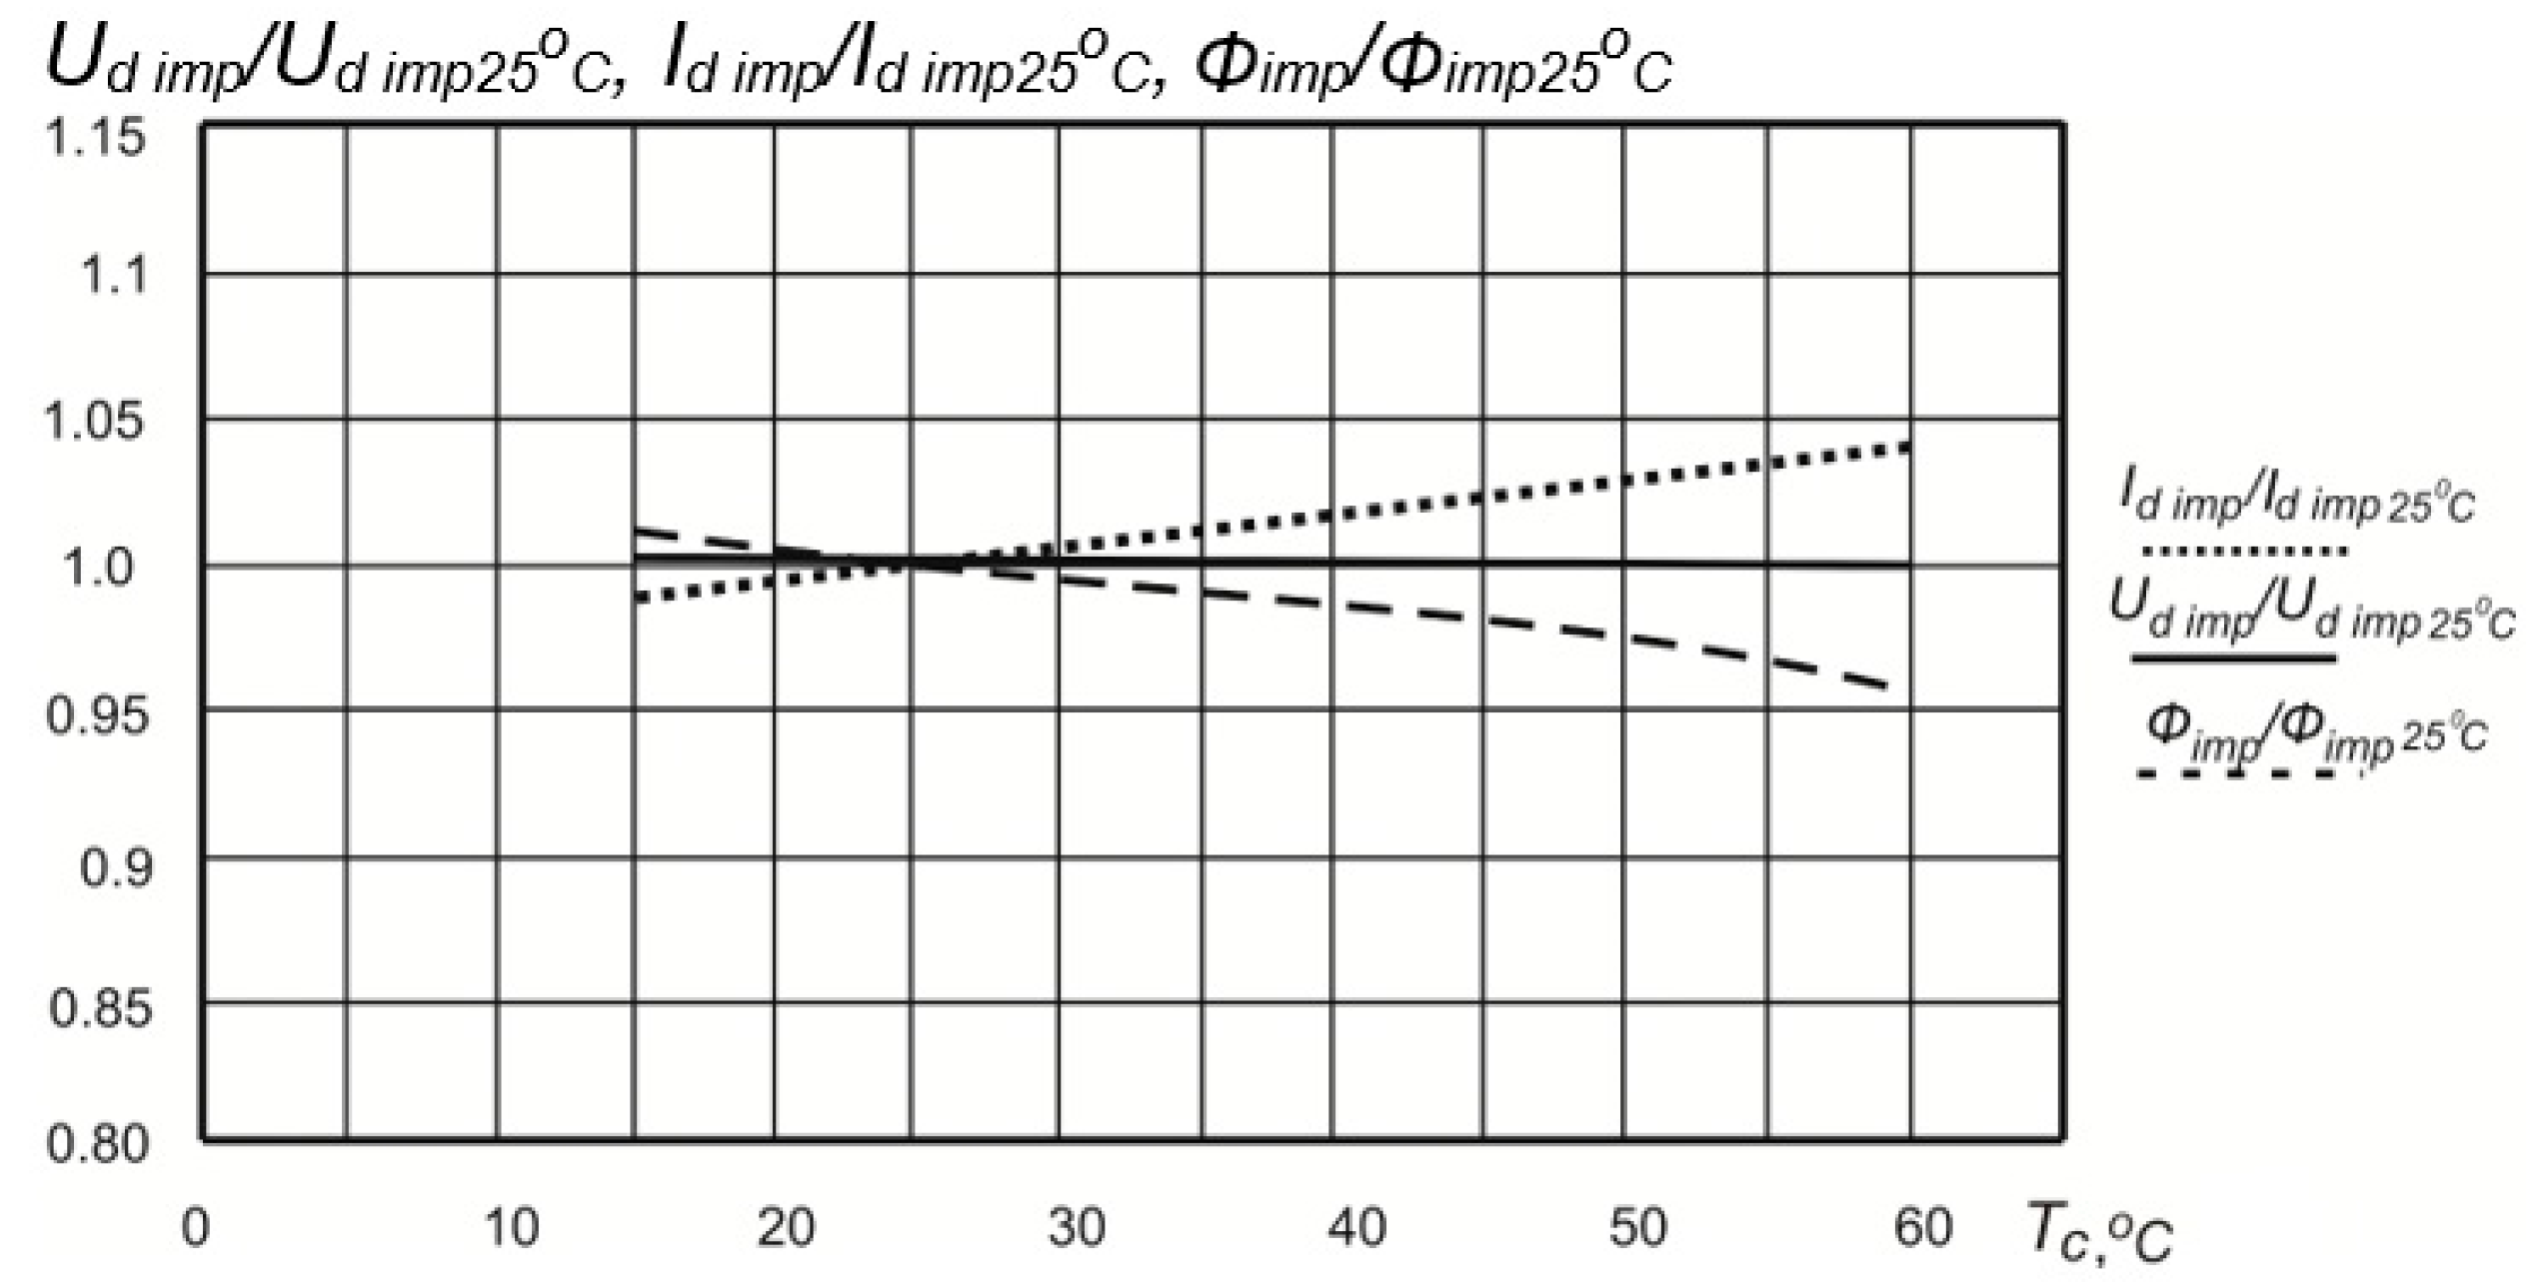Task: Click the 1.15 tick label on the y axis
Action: pos(95,137)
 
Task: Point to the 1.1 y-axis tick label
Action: pos(112,275)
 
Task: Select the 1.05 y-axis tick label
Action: pos(95,421)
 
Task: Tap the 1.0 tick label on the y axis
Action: pos(97,568)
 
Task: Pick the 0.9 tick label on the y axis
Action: pos(116,867)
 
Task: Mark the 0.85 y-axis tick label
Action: pos(100,1009)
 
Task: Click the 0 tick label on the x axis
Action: pos(195,1227)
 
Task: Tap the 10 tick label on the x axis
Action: pos(511,1227)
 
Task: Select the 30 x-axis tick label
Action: pos(1076,1227)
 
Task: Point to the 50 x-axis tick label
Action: pos(1637,1227)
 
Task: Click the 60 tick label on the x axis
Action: pos(1922,1227)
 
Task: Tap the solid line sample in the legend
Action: pos(2233,658)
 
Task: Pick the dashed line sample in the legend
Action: pos(2235,773)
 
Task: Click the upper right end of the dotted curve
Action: pos(1907,446)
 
